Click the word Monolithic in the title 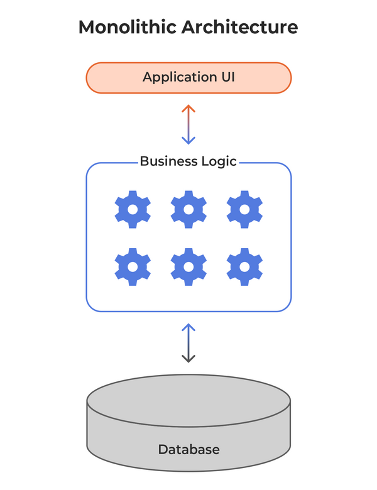pyautogui.click(x=128, y=27)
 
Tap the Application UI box pyautogui.click(x=188, y=78)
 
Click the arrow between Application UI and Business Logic pyautogui.click(x=188, y=124)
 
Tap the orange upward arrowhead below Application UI pyautogui.click(x=188, y=109)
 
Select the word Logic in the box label pyautogui.click(x=217, y=161)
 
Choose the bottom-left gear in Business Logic pyautogui.click(x=133, y=266)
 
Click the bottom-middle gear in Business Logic pyautogui.click(x=188, y=266)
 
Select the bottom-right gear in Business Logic pyautogui.click(x=244, y=266)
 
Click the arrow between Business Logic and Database pyautogui.click(x=188, y=343)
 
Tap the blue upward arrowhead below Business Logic pyautogui.click(x=188, y=327)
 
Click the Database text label pyautogui.click(x=188, y=449)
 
